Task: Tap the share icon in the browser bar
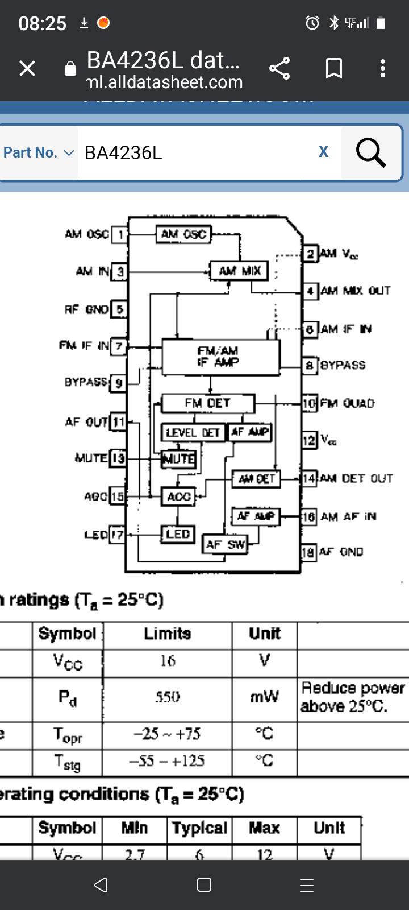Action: [x=279, y=68]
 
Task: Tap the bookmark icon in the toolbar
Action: [x=333, y=68]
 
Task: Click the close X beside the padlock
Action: [x=27, y=68]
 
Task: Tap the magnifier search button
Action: [x=371, y=152]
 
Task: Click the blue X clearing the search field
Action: [x=323, y=151]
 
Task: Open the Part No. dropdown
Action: [x=39, y=152]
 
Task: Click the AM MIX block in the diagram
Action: [x=239, y=271]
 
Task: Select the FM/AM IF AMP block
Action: [x=220, y=357]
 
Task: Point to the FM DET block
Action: [x=207, y=403]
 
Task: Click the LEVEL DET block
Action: [x=193, y=433]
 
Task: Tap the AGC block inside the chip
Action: [x=178, y=497]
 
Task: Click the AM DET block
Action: [x=256, y=479]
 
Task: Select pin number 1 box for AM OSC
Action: [x=120, y=234]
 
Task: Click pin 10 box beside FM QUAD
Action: [x=309, y=403]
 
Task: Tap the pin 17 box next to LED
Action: [x=117, y=535]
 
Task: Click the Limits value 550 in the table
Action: [x=168, y=697]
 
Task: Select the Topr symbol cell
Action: [x=68, y=735]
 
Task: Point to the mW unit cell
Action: [x=264, y=697]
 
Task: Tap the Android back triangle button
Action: [x=101, y=885]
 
